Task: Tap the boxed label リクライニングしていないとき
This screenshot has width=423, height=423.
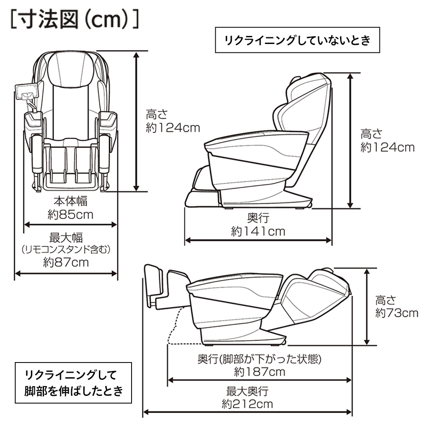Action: pyautogui.click(x=298, y=41)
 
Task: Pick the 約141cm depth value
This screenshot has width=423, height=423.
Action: pyautogui.click(x=258, y=231)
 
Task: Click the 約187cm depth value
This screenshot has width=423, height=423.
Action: pyautogui.click(x=259, y=372)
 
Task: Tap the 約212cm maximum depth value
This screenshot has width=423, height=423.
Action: pyautogui.click(x=247, y=404)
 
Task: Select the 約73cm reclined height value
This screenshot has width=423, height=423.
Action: pyautogui.click(x=396, y=313)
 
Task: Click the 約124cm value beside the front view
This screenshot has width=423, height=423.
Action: pyautogui.click(x=173, y=127)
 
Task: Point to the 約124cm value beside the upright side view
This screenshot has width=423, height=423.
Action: pyautogui.click(x=387, y=147)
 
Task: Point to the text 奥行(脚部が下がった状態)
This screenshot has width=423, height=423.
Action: pyautogui.click(x=260, y=359)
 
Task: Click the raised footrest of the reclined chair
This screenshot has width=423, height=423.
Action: pyautogui.click(x=153, y=286)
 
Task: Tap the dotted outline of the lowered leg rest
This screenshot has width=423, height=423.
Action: pyautogui.click(x=174, y=328)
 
